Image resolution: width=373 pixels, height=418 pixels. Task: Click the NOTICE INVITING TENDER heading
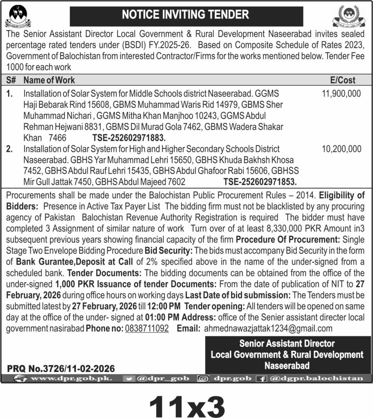tap(186, 15)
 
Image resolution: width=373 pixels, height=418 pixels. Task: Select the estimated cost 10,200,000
tap(341, 149)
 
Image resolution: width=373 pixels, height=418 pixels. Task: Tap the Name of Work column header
tap(49, 80)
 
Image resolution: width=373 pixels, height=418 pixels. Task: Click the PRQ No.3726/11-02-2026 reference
tap(61, 369)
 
